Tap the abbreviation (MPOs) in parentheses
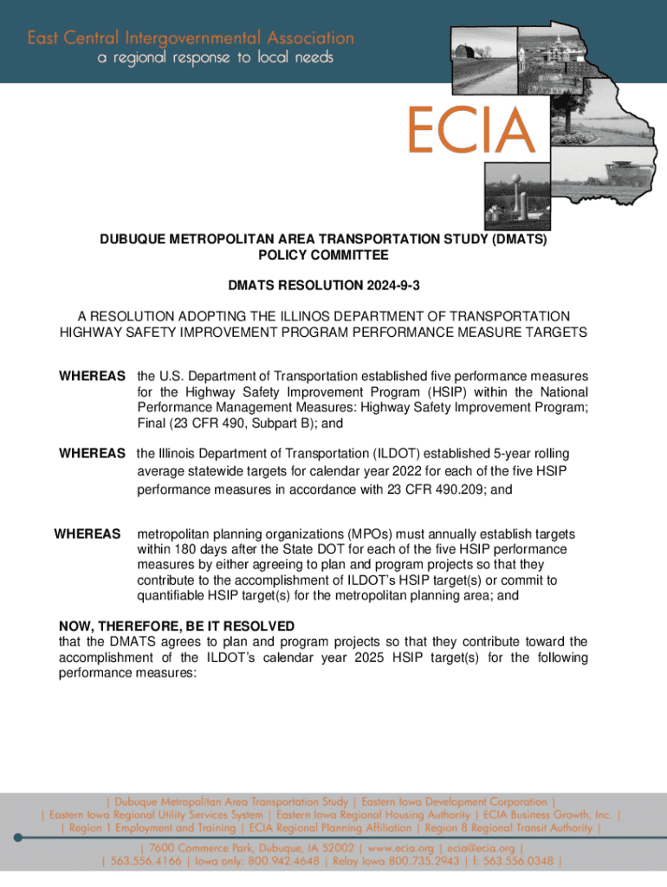pos(377,534)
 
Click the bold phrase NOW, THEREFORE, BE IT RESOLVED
pos(177,626)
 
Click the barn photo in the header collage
pos(480,53)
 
